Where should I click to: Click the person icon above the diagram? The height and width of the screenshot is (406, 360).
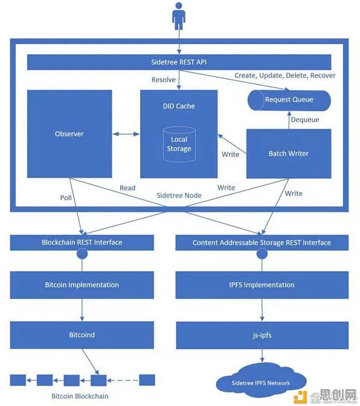pyautogui.click(x=179, y=16)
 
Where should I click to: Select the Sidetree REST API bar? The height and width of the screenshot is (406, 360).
pyautogui.click(x=179, y=62)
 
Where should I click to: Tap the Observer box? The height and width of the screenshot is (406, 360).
pyautogui.click(x=69, y=134)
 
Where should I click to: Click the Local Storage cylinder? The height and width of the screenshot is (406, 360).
pyautogui.click(x=179, y=144)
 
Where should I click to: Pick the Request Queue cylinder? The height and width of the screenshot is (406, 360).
pyautogui.click(x=289, y=100)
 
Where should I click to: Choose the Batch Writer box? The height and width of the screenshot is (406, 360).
pyautogui.click(x=289, y=153)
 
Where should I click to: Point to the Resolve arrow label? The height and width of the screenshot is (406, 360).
pyautogui.click(x=163, y=80)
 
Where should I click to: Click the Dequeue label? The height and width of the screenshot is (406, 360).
pyautogui.click(x=305, y=120)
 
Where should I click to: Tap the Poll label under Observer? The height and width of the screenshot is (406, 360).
pyautogui.click(x=66, y=198)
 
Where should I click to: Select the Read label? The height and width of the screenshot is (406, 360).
pyautogui.click(x=127, y=188)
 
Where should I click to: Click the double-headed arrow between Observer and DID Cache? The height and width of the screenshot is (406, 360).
pyautogui.click(x=126, y=134)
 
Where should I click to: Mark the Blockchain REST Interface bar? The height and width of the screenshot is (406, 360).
pyautogui.click(x=82, y=243)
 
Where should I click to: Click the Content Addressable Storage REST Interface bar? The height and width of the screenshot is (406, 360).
pyautogui.click(x=262, y=243)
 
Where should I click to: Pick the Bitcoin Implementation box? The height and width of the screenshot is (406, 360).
pyautogui.click(x=82, y=285)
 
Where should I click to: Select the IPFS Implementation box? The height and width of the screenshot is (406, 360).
pyautogui.click(x=262, y=285)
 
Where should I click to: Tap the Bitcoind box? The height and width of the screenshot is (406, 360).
pyautogui.click(x=82, y=335)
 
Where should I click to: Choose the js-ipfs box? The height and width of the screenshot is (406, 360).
pyautogui.click(x=262, y=335)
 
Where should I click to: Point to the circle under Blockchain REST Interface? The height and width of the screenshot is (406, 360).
pyautogui.click(x=82, y=254)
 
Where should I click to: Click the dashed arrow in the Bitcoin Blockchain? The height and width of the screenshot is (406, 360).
pyautogui.click(x=123, y=381)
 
